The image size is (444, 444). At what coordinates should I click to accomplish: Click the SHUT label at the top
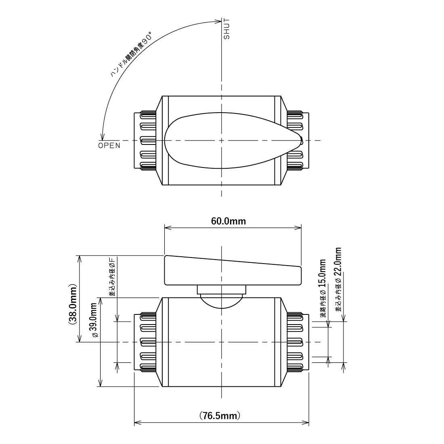pos(227,29)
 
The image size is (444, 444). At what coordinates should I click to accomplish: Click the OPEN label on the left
pos(109,146)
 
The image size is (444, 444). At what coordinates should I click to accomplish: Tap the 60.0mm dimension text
pos(228,221)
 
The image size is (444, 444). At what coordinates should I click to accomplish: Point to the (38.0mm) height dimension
pos(72,304)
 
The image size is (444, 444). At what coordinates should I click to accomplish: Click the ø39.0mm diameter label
pos(94,320)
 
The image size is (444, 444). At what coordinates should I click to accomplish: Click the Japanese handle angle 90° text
pos(131,54)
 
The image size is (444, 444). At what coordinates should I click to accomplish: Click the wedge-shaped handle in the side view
pos(233,270)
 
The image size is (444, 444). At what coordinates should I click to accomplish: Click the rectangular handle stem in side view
pos(222,290)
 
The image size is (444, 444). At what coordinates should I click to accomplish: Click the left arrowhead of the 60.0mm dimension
pos(168,227)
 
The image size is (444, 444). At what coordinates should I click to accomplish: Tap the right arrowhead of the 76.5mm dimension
pos(305,423)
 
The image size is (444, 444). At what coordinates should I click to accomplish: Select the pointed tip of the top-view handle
pos(302,140)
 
